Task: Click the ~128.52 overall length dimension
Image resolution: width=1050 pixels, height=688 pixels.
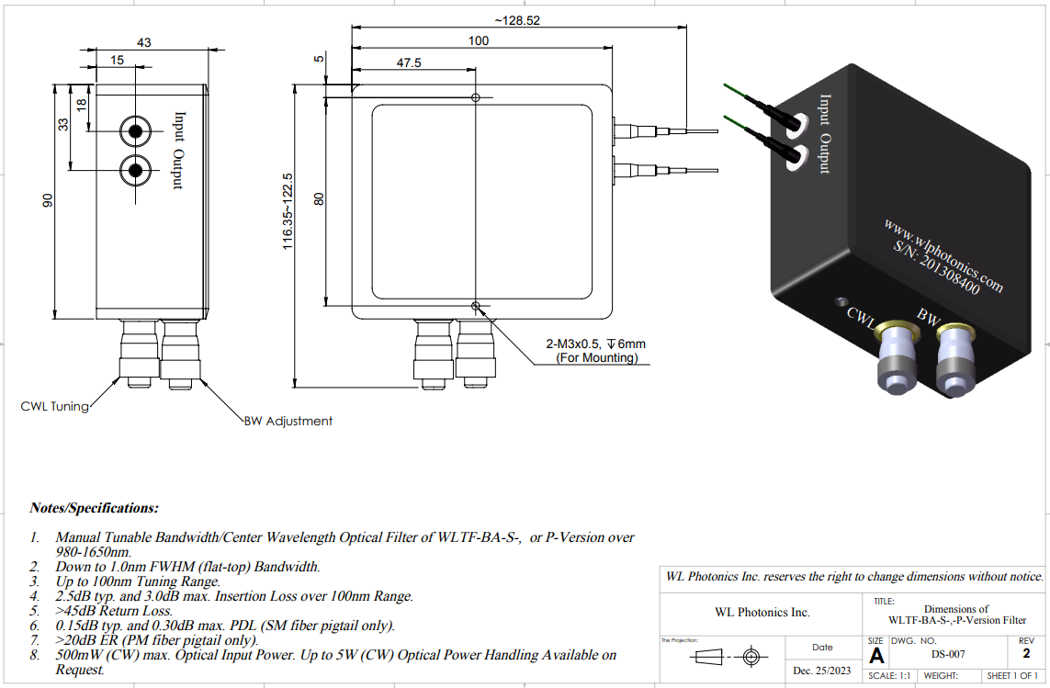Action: [x=517, y=20]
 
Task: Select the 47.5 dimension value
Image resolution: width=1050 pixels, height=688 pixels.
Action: [x=409, y=63]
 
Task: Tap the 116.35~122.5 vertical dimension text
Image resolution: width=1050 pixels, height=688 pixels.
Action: [x=288, y=211]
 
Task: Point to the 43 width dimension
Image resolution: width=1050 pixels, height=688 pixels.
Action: [x=143, y=43]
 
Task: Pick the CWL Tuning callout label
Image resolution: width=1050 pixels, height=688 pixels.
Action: [x=55, y=405]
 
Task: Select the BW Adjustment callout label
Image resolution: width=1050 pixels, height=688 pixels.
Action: [x=288, y=421]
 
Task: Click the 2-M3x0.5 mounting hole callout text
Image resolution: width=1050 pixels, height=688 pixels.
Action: [x=596, y=344]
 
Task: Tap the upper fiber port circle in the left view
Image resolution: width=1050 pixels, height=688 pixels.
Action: [x=137, y=131]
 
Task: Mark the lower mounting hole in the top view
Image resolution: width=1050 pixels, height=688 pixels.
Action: [x=475, y=306]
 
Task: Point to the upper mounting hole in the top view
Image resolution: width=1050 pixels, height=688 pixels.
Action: [x=475, y=97]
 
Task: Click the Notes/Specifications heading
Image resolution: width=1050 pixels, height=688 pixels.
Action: [x=94, y=507]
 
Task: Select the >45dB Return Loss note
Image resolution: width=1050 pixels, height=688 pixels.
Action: [x=114, y=610]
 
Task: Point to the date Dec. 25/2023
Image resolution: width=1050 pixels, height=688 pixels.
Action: [x=822, y=671]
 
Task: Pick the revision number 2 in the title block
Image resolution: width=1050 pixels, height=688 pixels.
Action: [x=1026, y=654]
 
